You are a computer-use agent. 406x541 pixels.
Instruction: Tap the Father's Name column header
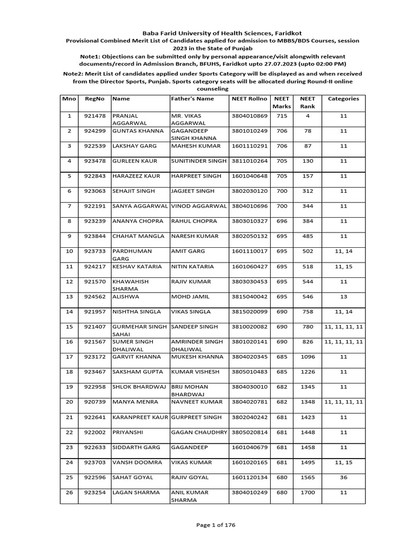[192, 99]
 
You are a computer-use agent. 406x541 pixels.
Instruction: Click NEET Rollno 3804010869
[250, 115]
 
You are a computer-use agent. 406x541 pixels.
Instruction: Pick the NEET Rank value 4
[307, 115]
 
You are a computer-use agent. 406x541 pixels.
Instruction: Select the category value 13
[344, 297]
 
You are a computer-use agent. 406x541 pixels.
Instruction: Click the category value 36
[344, 477]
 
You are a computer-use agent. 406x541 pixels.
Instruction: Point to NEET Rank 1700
[307, 492]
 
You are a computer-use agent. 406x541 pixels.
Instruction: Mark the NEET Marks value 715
[282, 115]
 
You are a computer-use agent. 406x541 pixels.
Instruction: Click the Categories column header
[344, 99]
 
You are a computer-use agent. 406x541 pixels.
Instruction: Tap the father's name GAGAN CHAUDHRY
[199, 432]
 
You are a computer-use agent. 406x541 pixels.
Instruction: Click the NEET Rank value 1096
[307, 357]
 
